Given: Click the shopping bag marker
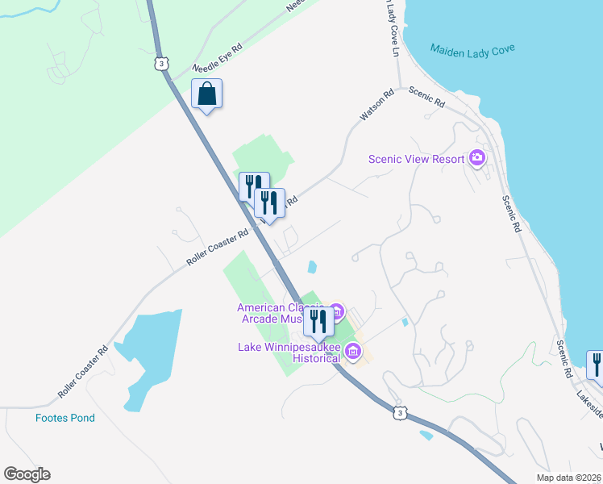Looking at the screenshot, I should point(207,94).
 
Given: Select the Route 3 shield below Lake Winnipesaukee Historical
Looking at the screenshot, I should point(399,413).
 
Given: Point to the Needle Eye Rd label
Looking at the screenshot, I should point(217,59).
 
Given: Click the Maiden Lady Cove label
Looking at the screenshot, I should point(472,49).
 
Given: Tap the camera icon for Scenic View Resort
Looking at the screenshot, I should point(477,158).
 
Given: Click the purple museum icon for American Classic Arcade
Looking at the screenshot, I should point(337,311).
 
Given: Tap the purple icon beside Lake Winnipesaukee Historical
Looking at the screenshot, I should point(352,352).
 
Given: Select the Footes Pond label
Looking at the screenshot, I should point(65,418).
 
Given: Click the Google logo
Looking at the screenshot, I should point(27,474).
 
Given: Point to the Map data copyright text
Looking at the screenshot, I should point(568,478).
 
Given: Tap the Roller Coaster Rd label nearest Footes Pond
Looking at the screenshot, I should point(83,372).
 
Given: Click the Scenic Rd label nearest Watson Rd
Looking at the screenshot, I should point(426,97).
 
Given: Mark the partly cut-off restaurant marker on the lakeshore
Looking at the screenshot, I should point(596,365).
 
